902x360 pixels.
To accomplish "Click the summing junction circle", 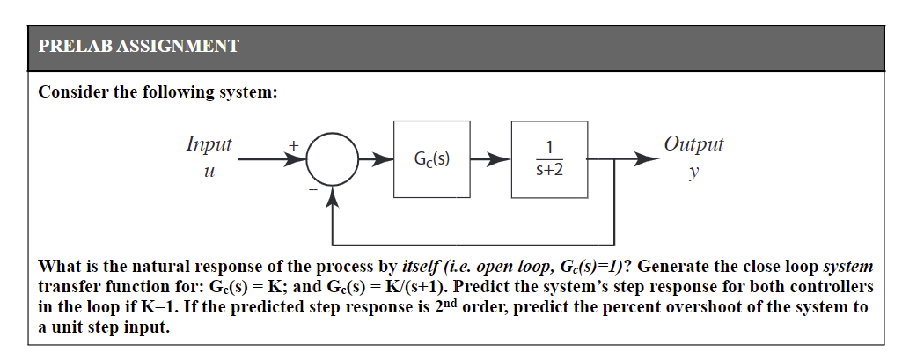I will [332, 159].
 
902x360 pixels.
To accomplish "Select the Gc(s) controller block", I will [432, 159].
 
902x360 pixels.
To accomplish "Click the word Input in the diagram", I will [209, 143].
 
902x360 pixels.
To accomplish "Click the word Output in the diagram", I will [694, 143].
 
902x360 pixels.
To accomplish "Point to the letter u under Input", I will [209, 173].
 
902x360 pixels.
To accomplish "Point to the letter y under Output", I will [694, 174].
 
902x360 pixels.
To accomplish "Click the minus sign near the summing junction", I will [311, 188].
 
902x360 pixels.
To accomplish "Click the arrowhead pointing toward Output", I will [648, 159].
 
